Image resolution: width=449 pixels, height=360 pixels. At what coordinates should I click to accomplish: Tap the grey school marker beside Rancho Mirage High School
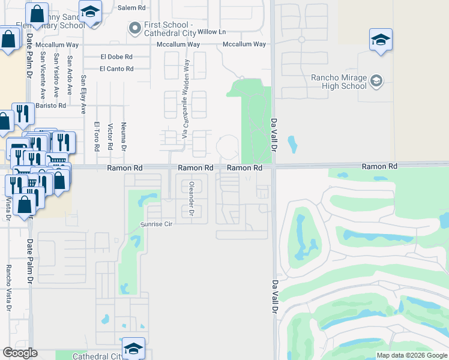click(x=376, y=80)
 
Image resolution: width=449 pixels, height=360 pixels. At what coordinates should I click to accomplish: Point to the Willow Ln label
click(x=211, y=31)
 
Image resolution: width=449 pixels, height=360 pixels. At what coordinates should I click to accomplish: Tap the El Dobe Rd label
click(x=116, y=57)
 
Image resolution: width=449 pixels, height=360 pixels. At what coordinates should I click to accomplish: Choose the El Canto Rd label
click(x=116, y=69)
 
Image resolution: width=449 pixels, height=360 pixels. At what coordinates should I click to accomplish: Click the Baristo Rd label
click(x=50, y=106)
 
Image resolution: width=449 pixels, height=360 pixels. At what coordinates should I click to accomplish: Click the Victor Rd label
click(x=110, y=137)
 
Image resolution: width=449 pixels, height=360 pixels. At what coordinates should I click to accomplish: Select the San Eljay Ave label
click(x=84, y=94)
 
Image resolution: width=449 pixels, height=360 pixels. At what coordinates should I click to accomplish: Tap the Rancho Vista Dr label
click(x=8, y=288)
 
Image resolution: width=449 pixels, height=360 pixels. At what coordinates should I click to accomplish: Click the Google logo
click(x=20, y=353)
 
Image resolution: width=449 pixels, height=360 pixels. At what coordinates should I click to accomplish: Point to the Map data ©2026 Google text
click(x=411, y=355)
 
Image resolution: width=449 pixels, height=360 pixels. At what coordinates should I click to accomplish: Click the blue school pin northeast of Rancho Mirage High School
click(x=381, y=40)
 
